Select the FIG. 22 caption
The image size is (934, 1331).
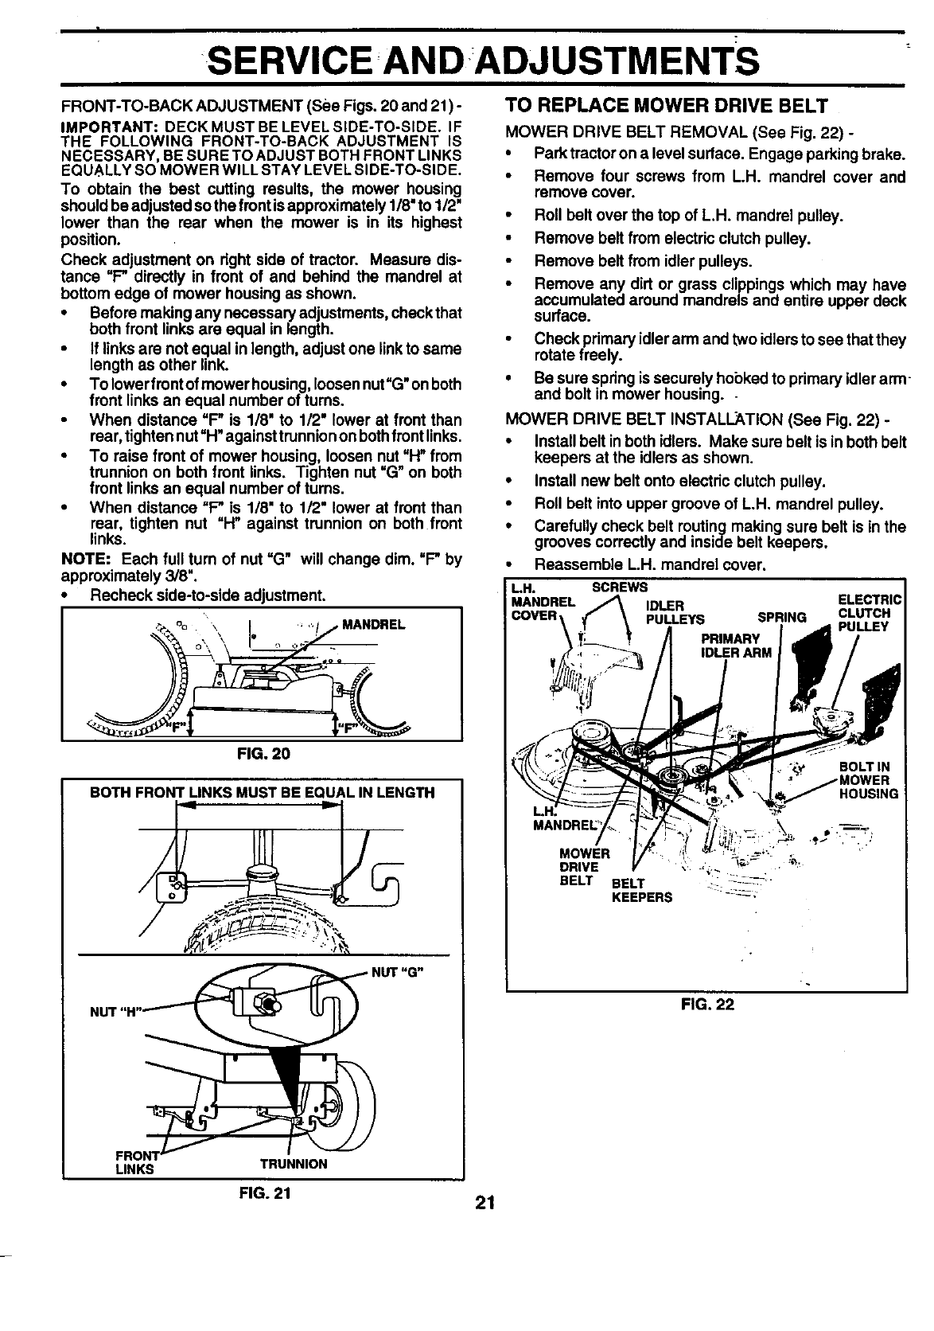pyautogui.click(x=707, y=1004)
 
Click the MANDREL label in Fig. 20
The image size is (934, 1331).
pyautogui.click(x=373, y=624)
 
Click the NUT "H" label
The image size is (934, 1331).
pyautogui.click(x=116, y=1012)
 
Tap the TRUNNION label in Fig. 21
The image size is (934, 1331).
pyautogui.click(x=294, y=1163)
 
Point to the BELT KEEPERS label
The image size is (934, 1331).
pyautogui.click(x=641, y=891)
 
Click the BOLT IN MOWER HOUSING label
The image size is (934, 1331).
pyautogui.click(x=869, y=780)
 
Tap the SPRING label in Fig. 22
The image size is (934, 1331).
pyautogui.click(x=781, y=617)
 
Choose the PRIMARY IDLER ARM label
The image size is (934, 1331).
pyautogui.click(x=736, y=646)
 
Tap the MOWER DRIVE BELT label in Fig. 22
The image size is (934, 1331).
pyautogui.click(x=584, y=867)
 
